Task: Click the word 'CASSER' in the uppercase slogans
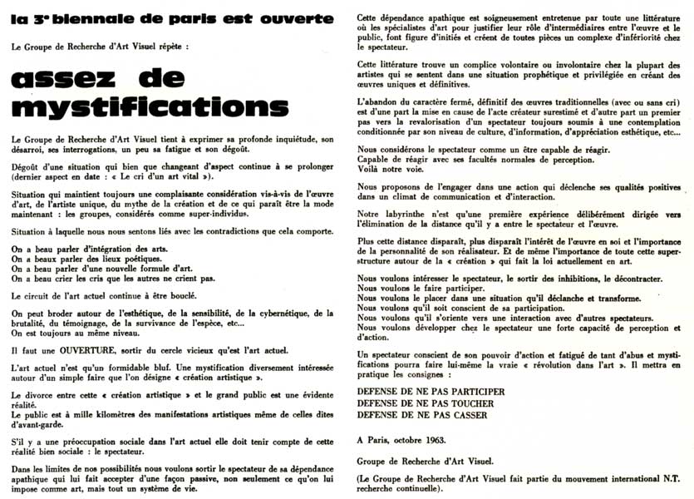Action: (x=466, y=415)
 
